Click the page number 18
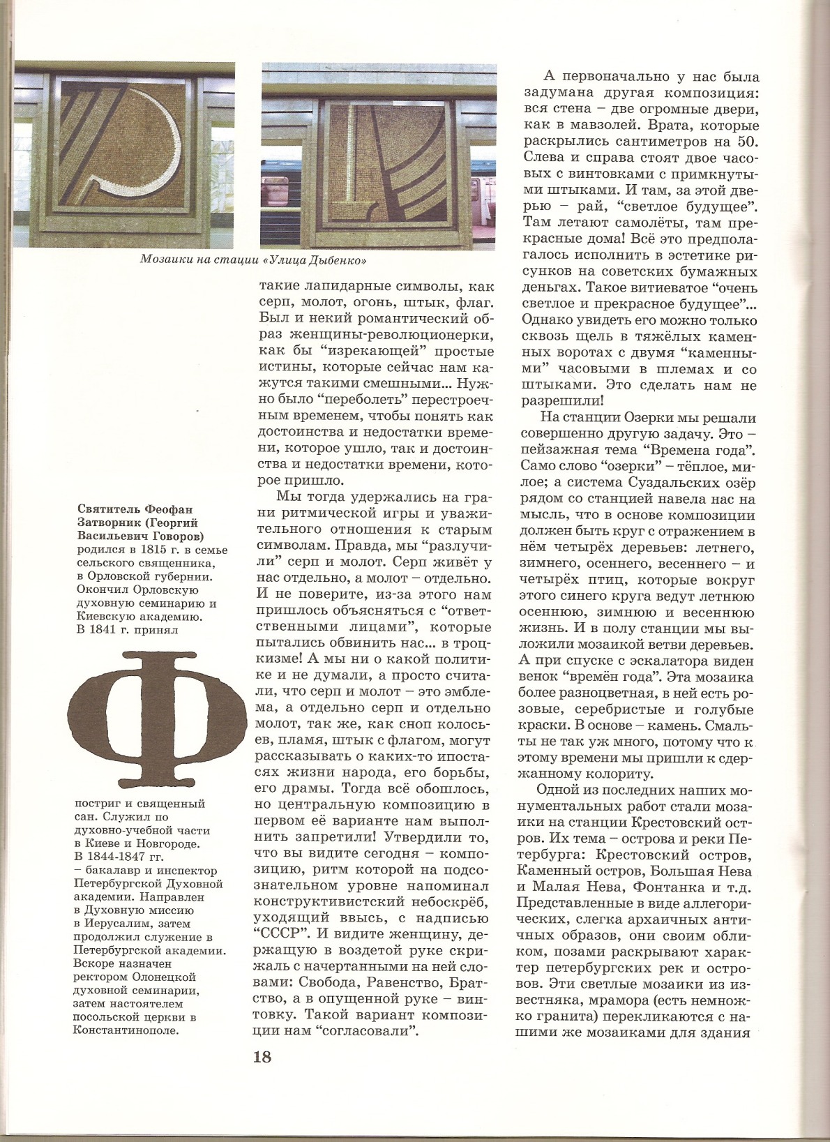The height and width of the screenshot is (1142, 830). [x=262, y=1056]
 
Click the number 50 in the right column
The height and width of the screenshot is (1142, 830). [x=743, y=144]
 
